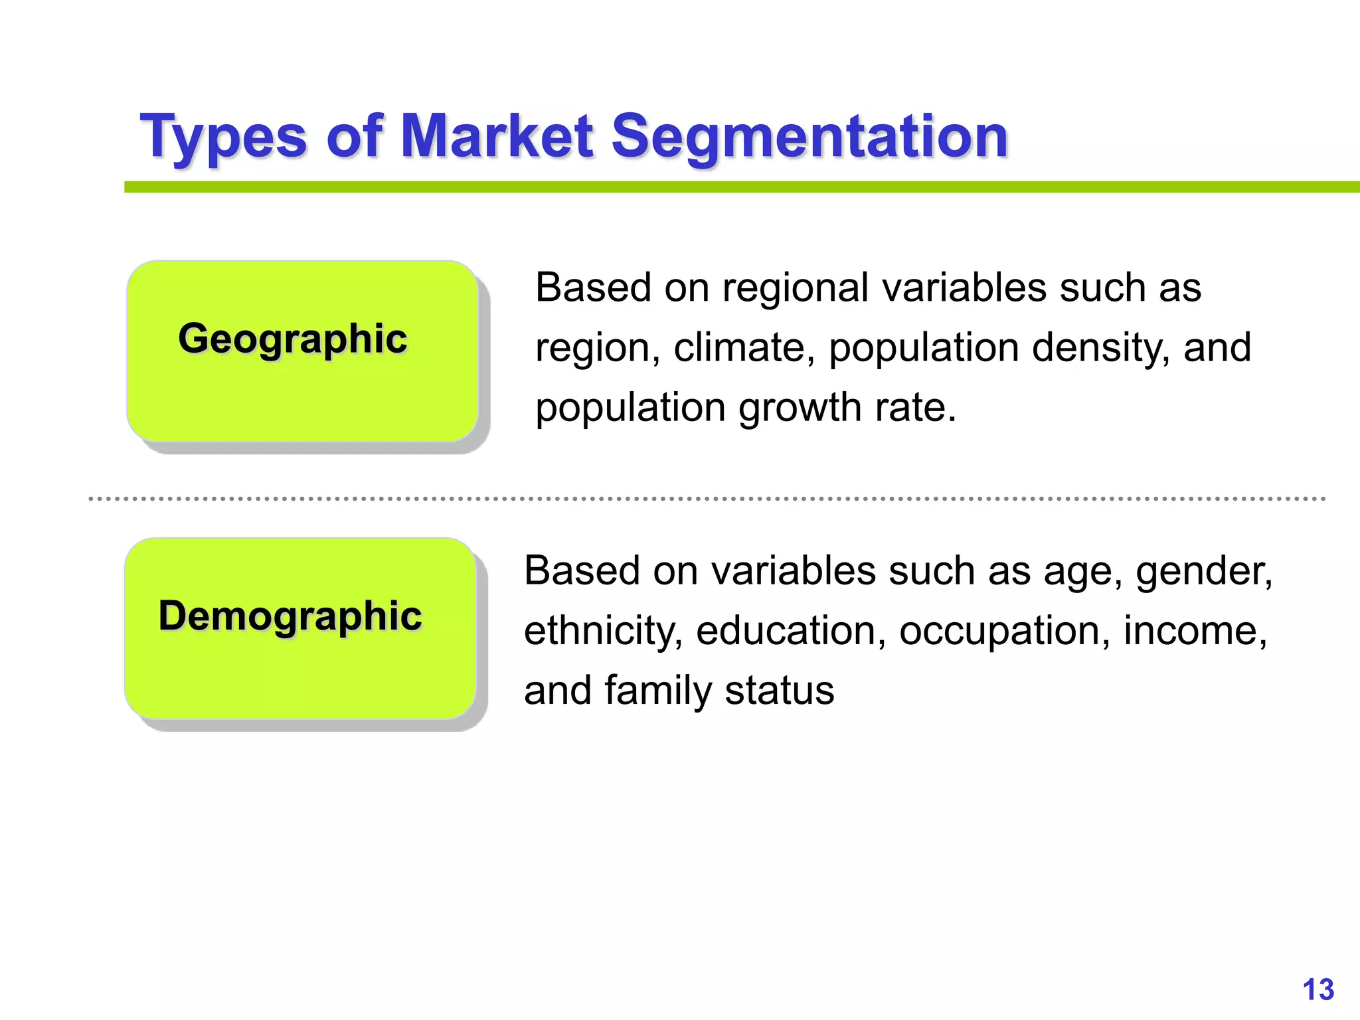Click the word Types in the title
point(223,137)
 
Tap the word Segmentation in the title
point(809,137)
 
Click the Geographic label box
point(302,351)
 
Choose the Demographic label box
point(300,628)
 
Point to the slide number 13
point(1318,990)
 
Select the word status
point(779,691)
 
